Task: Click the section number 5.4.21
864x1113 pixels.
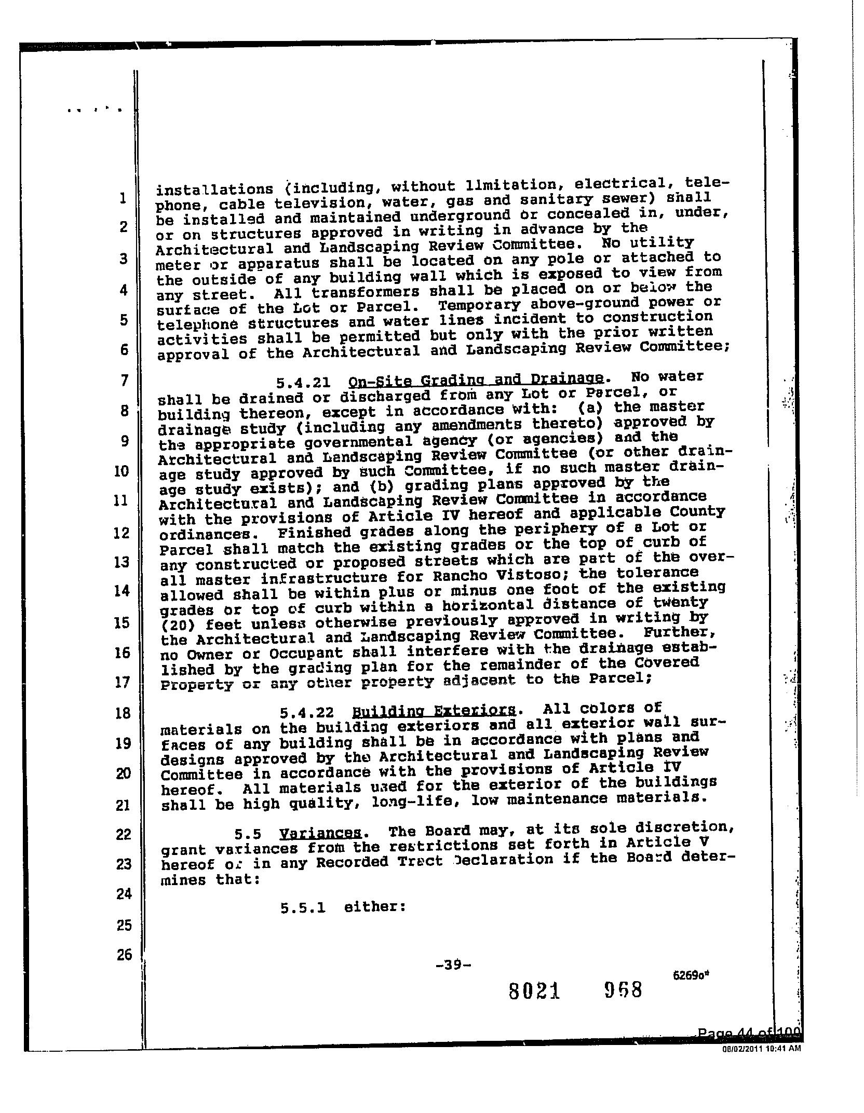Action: [303, 383]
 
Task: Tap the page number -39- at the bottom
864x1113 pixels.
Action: [454, 966]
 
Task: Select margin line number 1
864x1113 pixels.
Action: [122, 198]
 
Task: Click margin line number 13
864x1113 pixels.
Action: [121, 562]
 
